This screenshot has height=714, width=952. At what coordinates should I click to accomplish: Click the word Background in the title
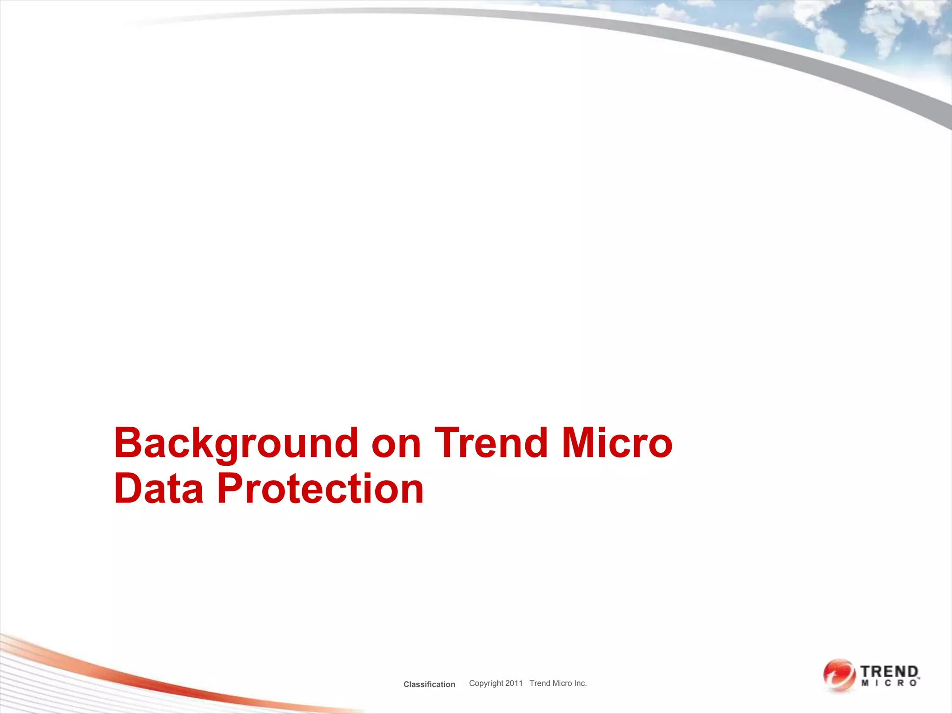236,443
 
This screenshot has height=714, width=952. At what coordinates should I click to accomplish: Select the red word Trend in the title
491,443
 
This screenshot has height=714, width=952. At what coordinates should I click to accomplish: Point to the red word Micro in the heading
617,443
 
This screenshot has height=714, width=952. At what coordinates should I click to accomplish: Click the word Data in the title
159,489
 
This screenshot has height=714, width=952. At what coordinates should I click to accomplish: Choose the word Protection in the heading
320,489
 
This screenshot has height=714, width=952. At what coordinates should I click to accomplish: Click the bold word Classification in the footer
429,684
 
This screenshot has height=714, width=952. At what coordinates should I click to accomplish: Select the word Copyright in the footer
486,683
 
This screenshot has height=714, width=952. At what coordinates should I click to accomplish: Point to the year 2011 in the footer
514,683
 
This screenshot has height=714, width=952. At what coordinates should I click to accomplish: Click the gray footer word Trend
540,683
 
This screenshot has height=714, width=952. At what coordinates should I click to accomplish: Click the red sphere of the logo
839,675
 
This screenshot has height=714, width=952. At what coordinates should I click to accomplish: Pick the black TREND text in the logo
889,672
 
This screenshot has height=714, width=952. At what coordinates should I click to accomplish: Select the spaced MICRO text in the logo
889,683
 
